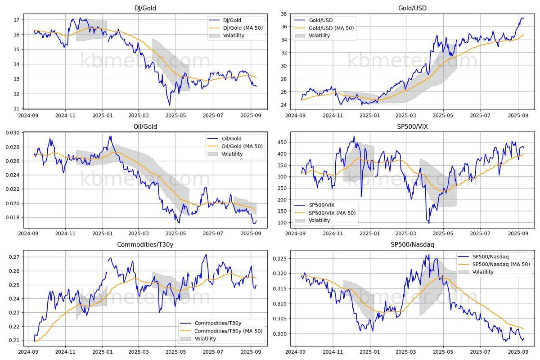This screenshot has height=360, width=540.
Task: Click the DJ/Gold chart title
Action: pos(146,8)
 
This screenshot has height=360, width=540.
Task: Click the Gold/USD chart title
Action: pos(412,8)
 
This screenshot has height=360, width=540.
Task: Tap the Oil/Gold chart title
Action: pos(146,126)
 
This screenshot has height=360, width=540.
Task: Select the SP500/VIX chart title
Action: pos(412,126)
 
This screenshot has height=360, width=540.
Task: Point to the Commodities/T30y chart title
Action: pos(146,245)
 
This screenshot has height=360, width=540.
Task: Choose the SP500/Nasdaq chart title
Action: pos(412,245)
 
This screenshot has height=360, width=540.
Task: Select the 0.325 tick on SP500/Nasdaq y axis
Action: pos(281,259)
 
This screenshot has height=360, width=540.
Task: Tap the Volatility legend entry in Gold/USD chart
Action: pos(319,36)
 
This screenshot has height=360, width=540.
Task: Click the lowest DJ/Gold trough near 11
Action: pos(170,105)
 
